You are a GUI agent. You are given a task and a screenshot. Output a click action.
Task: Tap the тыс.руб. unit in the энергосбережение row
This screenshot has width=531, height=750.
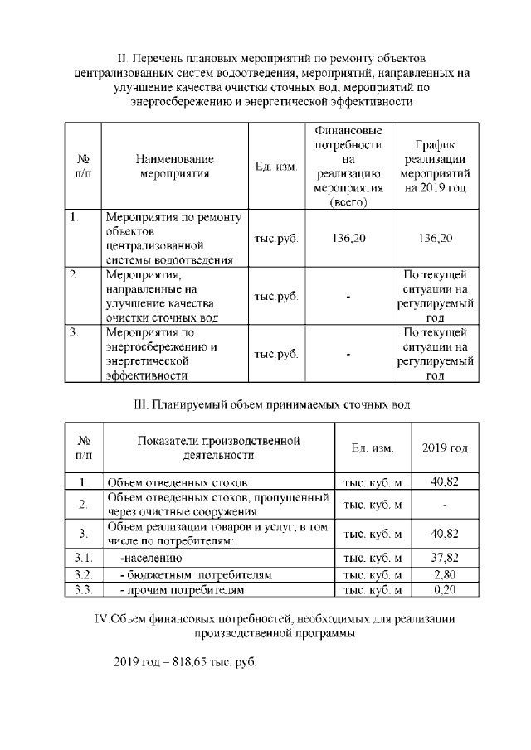coord(276,354)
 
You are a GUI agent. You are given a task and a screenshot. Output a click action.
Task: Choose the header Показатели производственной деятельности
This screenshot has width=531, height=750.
coord(218,448)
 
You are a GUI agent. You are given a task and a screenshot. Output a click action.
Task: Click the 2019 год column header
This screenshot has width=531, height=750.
coord(445,448)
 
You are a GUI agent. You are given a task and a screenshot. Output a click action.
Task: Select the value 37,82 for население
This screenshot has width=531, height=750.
coord(446,557)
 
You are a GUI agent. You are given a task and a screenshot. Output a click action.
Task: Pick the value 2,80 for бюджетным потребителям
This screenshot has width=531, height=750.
coord(446,573)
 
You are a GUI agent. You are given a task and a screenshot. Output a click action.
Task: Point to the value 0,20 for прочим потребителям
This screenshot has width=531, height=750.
coord(446,590)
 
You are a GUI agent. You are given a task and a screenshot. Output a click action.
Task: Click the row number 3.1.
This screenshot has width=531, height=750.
coord(82,557)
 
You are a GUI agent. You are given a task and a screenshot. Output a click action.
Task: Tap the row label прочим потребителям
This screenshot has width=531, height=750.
coord(183,590)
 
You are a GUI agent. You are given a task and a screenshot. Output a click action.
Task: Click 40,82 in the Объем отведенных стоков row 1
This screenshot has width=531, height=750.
coord(446,481)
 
